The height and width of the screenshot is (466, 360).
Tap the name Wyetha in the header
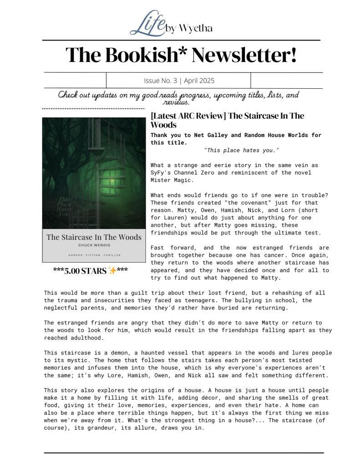pyautogui.click(x=195, y=29)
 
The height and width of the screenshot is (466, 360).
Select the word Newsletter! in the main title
pyautogui.click(x=245, y=55)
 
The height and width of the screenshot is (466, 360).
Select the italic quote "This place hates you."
pyautogui.click(x=242, y=150)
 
